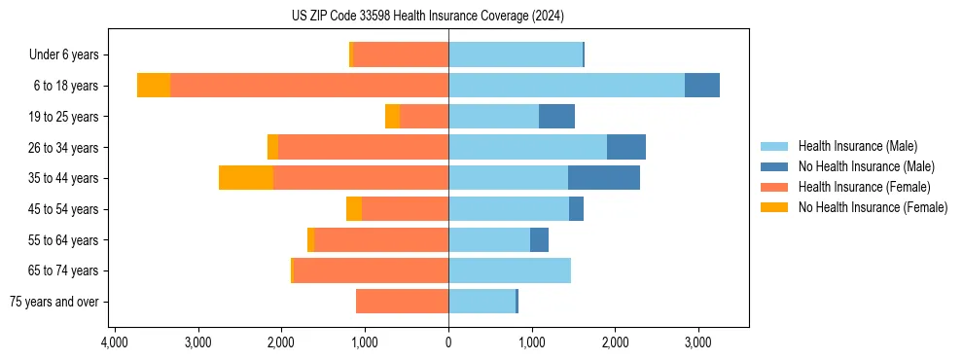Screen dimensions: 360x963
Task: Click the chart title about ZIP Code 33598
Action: [427, 16]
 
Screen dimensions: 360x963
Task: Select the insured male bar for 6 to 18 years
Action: [566, 86]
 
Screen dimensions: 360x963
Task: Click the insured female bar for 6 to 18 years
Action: [309, 86]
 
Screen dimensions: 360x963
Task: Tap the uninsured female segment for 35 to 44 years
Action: [246, 178]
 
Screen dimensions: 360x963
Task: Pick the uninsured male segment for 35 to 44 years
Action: [604, 178]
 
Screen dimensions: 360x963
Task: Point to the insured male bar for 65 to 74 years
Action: [510, 270]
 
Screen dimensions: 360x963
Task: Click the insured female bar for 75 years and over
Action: [402, 302]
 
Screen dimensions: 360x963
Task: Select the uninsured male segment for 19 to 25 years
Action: [556, 117]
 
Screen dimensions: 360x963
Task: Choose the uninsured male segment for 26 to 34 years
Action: [626, 147]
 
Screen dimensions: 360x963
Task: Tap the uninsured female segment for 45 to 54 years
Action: [354, 209]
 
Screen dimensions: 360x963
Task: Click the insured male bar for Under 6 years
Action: [516, 54]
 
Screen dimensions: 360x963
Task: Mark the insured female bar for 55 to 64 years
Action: [381, 239]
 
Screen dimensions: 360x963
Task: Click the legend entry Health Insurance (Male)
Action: [857, 146]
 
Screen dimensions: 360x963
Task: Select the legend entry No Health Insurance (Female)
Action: [873, 207]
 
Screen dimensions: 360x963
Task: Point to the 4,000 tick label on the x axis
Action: [115, 342]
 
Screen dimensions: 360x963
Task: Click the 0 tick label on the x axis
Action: [448, 342]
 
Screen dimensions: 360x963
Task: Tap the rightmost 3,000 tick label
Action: [697, 342]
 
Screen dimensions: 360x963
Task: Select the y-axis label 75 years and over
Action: [53, 302]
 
